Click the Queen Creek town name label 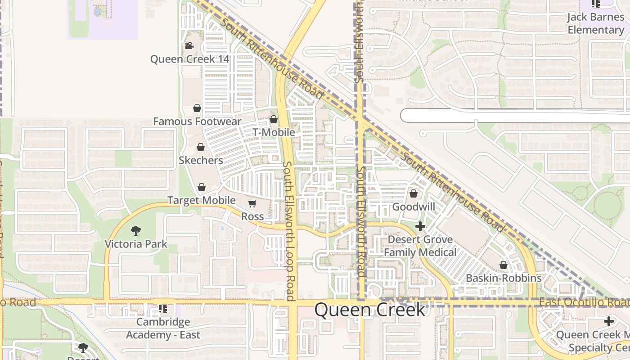[x=369, y=310]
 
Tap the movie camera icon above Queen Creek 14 [x=189, y=45]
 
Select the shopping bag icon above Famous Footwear [x=197, y=108]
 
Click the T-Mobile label [x=274, y=132]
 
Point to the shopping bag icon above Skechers [x=201, y=147]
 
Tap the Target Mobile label [x=201, y=200]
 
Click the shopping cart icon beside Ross [x=252, y=204]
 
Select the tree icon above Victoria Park [x=136, y=231]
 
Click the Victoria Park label [x=136, y=244]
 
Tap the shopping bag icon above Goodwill [x=414, y=194]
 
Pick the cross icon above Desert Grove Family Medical [x=420, y=226]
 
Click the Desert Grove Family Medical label [x=420, y=246]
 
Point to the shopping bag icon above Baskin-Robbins [x=504, y=265]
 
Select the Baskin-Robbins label [x=504, y=278]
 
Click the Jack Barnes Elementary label [x=595, y=23]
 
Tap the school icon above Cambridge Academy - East [x=163, y=309]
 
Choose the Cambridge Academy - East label [x=163, y=328]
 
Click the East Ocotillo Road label [x=584, y=302]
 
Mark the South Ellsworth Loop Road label [x=289, y=231]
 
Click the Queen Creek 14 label [x=189, y=59]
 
